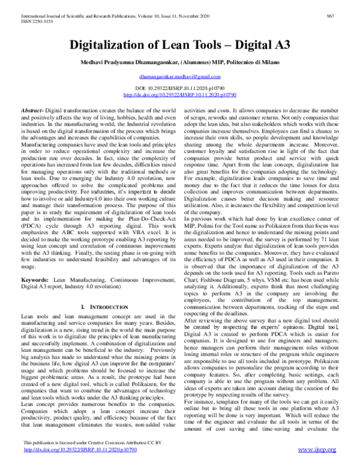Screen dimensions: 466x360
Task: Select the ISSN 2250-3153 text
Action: coord(26,12)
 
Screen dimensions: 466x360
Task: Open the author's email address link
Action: coord(179,78)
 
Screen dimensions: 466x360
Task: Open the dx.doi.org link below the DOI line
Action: coord(179,95)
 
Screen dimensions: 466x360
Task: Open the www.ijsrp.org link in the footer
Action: coord(325,458)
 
